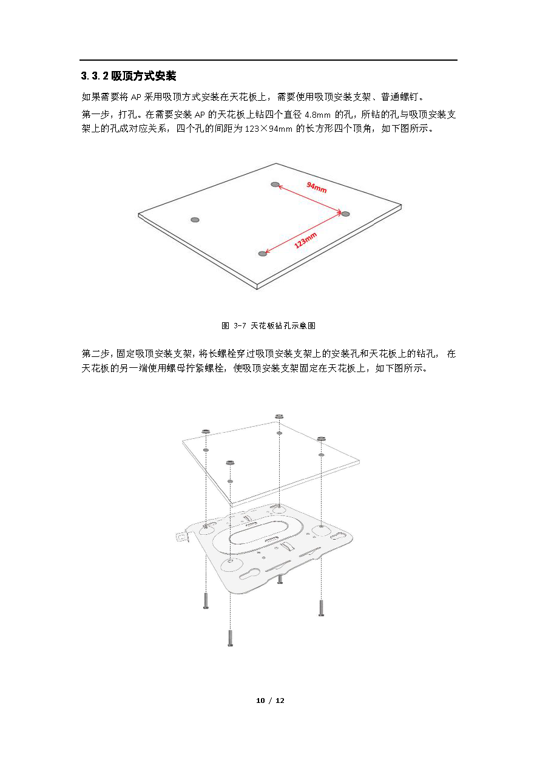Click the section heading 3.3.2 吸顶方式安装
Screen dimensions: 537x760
pyautogui.click(x=129, y=76)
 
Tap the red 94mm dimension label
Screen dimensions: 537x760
pyautogui.click(x=317, y=188)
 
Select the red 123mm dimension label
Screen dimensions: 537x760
pyautogui.click(x=305, y=240)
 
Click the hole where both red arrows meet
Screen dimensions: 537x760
pyautogui.click(x=345, y=214)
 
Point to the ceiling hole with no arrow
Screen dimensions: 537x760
pyautogui.click(x=195, y=220)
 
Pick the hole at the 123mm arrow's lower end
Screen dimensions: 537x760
pyautogui.click(x=263, y=254)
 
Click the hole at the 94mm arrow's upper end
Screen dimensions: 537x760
pyautogui.click(x=275, y=185)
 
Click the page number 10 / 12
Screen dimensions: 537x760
pyautogui.click(x=270, y=701)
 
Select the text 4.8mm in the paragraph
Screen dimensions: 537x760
pyautogui.click(x=317, y=115)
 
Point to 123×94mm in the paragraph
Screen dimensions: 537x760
pyautogui.click(x=268, y=129)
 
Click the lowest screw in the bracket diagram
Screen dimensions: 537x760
pyautogui.click(x=231, y=638)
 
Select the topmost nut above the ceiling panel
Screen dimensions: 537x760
pyautogui.click(x=279, y=416)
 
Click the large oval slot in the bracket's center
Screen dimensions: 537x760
pyautogui.click(x=259, y=536)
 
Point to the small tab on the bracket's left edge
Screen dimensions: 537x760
pyautogui.click(x=183, y=537)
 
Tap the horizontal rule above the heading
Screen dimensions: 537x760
pyautogui.click(x=268, y=60)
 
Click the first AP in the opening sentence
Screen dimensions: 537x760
pyautogui.click(x=136, y=97)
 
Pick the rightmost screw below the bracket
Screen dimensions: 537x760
pyautogui.click(x=321, y=608)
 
